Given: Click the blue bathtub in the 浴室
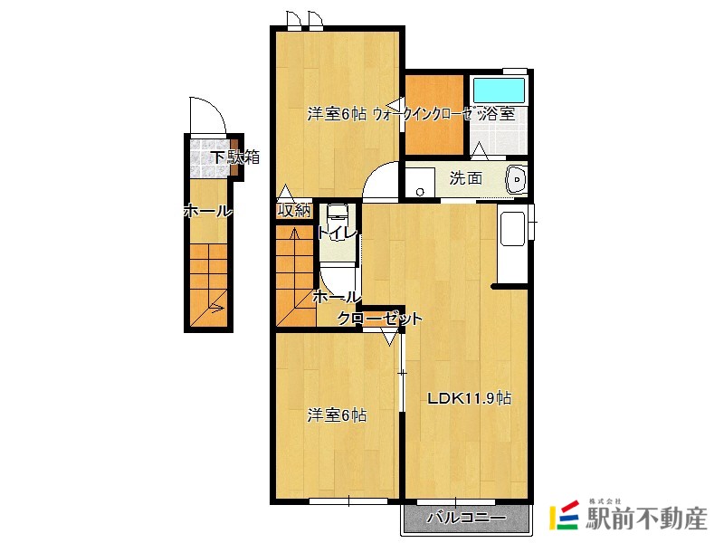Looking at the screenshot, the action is tap(500, 90).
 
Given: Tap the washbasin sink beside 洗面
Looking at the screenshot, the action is tap(517, 178).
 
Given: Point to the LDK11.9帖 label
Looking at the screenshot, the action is tap(469, 398).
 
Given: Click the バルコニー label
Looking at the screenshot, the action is tap(466, 518).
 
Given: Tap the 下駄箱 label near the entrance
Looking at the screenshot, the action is tap(235, 157).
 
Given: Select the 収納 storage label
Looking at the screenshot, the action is tap(293, 211).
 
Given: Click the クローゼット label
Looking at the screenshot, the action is tap(379, 319).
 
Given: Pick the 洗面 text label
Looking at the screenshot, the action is tap(466, 177).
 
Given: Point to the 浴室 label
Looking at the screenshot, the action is tap(497, 114).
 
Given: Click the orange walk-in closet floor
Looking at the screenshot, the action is tap(434, 115).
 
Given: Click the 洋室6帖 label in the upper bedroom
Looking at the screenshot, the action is tap(337, 114).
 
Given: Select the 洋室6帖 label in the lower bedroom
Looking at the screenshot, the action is tap(337, 415).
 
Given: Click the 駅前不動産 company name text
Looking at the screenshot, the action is tap(646, 518).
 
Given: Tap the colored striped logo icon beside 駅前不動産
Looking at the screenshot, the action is tap(564, 514).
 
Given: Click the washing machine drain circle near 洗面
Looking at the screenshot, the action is tap(420, 192).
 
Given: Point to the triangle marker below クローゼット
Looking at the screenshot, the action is tap(390, 338).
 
